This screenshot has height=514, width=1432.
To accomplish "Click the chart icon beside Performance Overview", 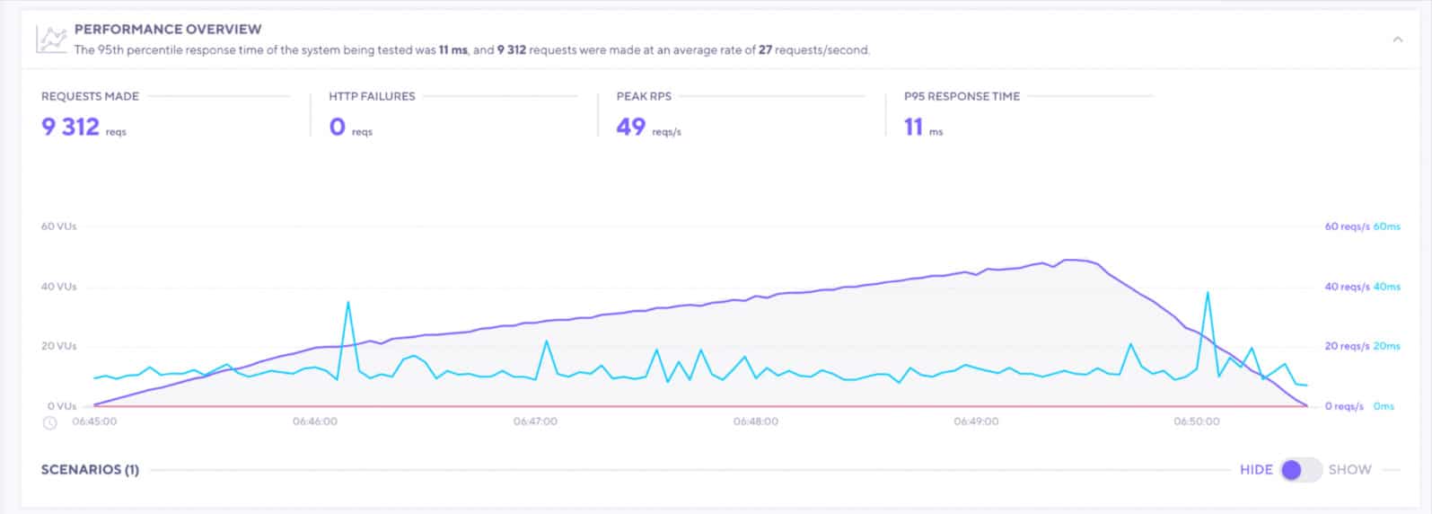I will point(51,39).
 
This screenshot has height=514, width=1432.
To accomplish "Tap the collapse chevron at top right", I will point(1397,40).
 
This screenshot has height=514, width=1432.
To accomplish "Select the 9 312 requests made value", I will point(70,127).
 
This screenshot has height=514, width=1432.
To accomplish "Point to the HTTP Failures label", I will point(372,96).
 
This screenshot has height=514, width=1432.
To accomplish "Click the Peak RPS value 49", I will point(630,127).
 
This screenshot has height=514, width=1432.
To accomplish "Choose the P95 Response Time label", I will point(962,96).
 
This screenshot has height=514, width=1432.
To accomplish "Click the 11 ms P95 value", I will point(914,127).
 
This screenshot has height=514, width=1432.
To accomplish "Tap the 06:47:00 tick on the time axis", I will point(535,421).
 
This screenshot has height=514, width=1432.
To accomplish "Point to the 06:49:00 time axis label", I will point(976,421).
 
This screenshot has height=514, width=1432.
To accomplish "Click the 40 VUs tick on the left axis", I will point(58,287).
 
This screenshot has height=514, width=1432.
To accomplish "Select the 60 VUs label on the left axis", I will point(58,226).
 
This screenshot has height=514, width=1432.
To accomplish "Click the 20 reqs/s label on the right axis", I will point(1347,346).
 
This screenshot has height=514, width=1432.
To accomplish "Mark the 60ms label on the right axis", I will point(1387,226).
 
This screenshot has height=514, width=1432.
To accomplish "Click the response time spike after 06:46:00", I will point(348,303).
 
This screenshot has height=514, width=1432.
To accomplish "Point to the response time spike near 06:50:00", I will point(1208,293).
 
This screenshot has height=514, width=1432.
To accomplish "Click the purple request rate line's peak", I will point(1068,260).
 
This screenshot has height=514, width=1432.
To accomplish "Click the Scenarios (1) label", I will point(90,469).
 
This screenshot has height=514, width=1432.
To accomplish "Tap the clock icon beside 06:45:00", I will point(50,422).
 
